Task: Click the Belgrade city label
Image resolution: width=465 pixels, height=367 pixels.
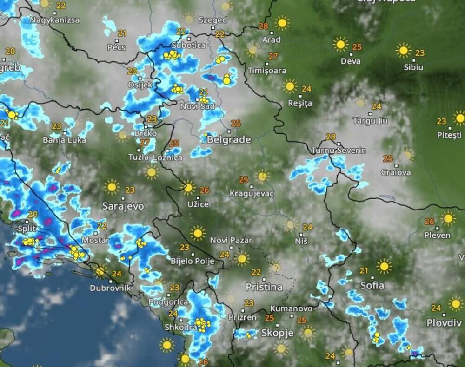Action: coord(228,139)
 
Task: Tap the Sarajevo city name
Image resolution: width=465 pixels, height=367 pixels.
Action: coord(123,206)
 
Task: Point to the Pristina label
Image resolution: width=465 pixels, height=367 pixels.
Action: coord(263,287)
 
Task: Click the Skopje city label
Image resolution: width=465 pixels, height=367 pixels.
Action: coord(277,333)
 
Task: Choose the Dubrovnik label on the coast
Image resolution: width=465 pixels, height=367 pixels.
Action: coord(110,288)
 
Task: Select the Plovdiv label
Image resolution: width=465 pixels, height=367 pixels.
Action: coord(444,323)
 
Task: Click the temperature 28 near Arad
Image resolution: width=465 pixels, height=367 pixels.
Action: coord(264,26)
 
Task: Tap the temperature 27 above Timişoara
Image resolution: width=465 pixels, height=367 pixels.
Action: coord(273,56)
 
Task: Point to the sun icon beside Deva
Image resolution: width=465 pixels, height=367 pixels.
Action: coord(340,44)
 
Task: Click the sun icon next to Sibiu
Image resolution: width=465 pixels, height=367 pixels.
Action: coord(403,50)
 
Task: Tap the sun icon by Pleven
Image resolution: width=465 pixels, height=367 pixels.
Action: coord(448,218)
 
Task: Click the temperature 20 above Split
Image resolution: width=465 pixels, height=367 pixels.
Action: coord(32,214)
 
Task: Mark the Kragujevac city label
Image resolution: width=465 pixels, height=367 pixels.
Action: coord(252,193)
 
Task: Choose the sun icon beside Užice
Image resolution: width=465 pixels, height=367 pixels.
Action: coord(188,187)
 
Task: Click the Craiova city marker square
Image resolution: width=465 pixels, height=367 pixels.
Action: coord(396,165)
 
